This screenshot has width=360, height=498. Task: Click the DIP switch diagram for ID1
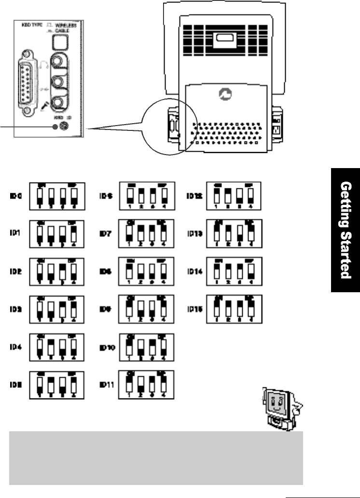click(57, 232)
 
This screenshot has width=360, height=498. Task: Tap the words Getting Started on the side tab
click(345, 229)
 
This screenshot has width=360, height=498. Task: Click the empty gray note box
click(156, 457)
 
